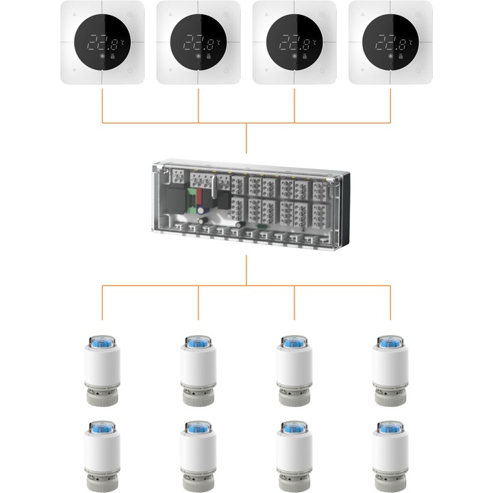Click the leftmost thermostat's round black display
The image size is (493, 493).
click(103, 42)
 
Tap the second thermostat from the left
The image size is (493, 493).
click(199, 42)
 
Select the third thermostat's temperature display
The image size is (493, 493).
click(294, 42)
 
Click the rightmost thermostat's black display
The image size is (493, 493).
click(390, 42)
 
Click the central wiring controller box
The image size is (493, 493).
click(246, 202)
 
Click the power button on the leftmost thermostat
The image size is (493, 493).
click(130, 70)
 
